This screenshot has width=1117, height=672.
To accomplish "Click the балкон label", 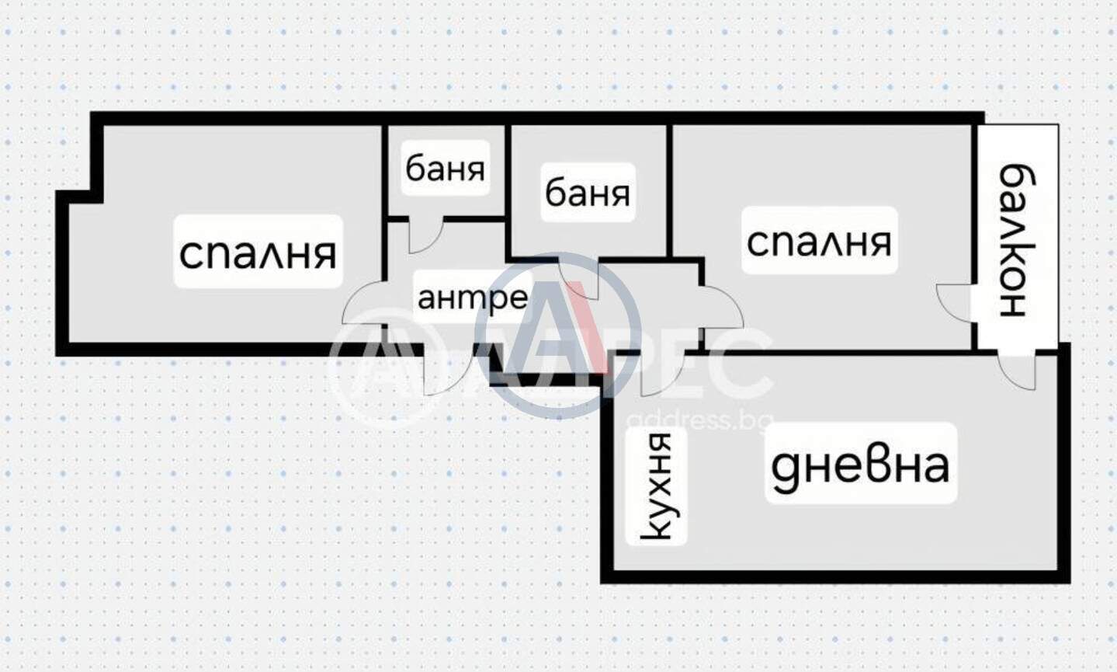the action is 1018,240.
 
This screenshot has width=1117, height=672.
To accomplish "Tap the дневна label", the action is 860,465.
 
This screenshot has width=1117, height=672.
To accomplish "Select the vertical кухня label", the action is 656,486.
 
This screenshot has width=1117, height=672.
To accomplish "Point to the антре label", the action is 473,298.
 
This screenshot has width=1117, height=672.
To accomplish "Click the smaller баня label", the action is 445,169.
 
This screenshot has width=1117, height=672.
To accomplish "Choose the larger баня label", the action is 588,193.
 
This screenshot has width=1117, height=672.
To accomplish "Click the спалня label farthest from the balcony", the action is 258,252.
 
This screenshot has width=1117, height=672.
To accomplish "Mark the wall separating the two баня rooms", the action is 508,192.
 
